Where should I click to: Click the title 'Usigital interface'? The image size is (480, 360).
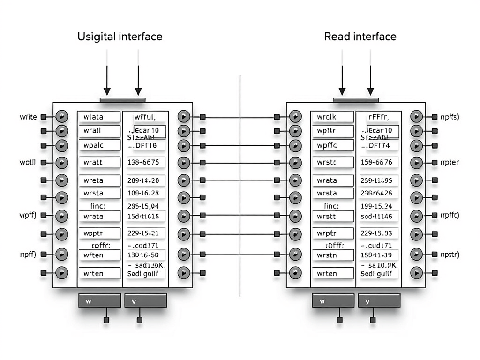click(120, 37)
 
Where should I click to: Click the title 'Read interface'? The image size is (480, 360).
click(360, 37)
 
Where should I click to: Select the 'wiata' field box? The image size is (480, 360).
click(99, 117)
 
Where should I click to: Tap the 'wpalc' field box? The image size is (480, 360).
click(99, 145)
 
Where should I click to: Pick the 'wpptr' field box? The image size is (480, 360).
click(99, 233)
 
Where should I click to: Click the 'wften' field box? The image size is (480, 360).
click(99, 255)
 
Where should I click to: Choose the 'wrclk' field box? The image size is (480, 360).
click(333, 117)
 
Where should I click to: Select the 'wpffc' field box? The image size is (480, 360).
click(333, 145)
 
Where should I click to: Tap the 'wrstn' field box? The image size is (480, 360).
click(333, 255)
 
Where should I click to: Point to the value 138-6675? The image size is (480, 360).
click(143, 163)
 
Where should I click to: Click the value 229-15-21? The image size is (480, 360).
click(143, 233)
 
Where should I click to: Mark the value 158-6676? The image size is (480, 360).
click(376, 163)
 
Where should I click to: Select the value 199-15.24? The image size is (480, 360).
click(376, 205)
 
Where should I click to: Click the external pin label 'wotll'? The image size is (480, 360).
click(28, 163)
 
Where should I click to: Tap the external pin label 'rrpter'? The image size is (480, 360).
click(450, 163)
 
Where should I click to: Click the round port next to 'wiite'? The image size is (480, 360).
click(61, 117)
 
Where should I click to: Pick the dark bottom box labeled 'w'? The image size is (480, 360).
click(99, 301)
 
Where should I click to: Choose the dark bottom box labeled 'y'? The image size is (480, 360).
click(379, 301)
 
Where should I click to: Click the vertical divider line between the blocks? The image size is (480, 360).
click(240, 187)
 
